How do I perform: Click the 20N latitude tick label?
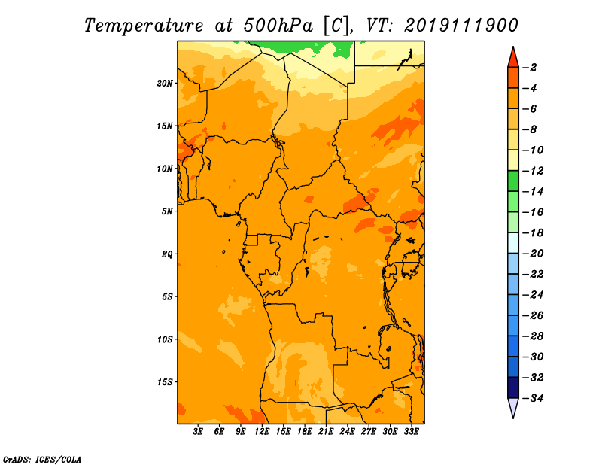(x=164, y=84)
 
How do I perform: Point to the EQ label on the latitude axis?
(x=166, y=254)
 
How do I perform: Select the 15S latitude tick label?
(x=165, y=382)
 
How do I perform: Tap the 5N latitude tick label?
(x=167, y=211)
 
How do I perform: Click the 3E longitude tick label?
(x=198, y=432)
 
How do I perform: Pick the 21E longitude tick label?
(x=326, y=432)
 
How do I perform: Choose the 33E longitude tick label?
(x=411, y=432)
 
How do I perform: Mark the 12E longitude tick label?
(x=261, y=432)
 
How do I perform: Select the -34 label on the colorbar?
(x=533, y=398)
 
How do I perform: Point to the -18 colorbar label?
(x=533, y=233)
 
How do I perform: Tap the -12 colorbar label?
(x=533, y=171)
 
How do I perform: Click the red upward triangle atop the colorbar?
(x=513, y=59)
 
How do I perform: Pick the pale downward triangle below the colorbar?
(x=513, y=407)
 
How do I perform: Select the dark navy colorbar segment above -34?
(x=513, y=387)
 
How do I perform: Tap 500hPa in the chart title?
(x=278, y=26)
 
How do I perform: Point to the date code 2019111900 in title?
(x=461, y=26)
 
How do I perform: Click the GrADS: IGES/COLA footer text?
(x=42, y=460)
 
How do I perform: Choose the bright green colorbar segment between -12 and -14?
(x=513, y=181)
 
